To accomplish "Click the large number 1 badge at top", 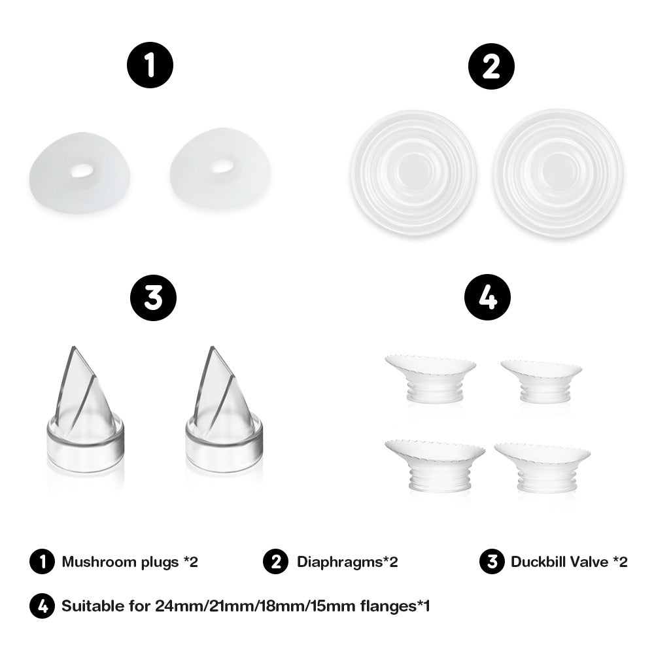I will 150,66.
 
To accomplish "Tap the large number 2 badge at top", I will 491,66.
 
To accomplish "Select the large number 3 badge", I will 153,297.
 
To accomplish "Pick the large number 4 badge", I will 487,297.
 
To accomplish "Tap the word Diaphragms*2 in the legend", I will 347,561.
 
